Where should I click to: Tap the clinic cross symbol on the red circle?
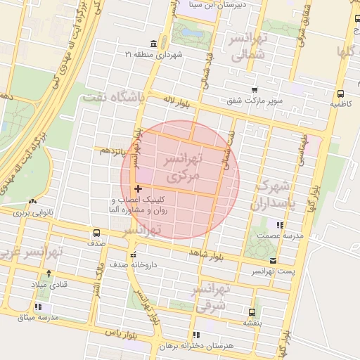pyautogui.click(x=138, y=188)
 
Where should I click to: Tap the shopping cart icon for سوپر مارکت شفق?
pyautogui.click(x=255, y=90)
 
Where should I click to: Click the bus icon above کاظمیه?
pyautogui.click(x=340, y=93)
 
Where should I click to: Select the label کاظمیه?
pyautogui.click(x=340, y=103)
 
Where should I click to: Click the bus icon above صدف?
pyautogui.click(x=96, y=233)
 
